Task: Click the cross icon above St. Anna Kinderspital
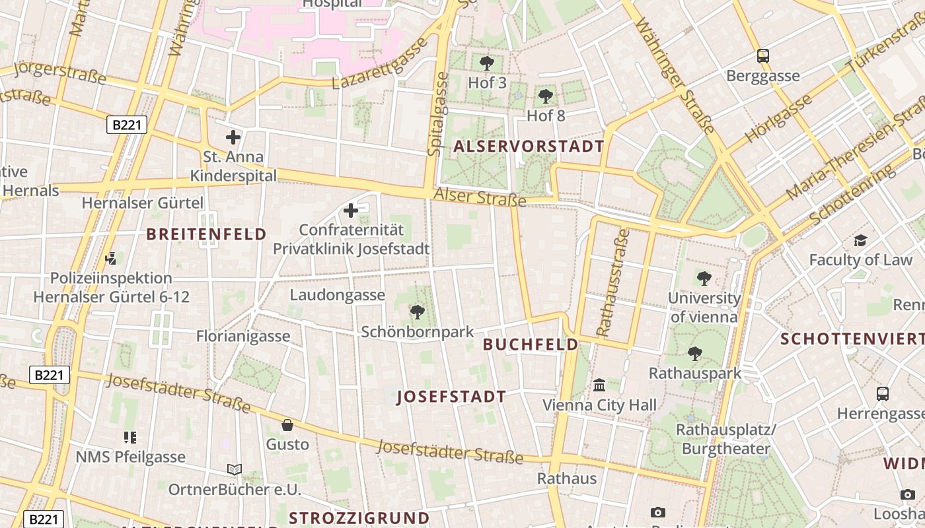[x=233, y=137]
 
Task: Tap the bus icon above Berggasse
[x=763, y=56]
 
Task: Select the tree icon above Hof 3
[x=487, y=63]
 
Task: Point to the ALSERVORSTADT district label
[x=529, y=147]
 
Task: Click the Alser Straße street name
[x=480, y=197]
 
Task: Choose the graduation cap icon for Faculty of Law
[x=860, y=240]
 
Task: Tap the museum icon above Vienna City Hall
[x=599, y=385]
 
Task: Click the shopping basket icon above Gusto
[x=287, y=424]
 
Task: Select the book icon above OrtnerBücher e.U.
[x=234, y=469]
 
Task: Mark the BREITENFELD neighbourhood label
[x=206, y=234]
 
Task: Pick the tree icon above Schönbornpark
[x=417, y=312]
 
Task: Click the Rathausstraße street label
[x=612, y=282]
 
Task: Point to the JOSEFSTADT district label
[x=451, y=397]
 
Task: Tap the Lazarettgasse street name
[x=380, y=64]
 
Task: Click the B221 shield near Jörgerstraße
[x=126, y=125]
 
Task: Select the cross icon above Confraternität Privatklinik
[x=351, y=211]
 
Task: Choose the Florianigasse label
[x=243, y=336]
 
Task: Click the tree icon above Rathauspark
[x=694, y=354]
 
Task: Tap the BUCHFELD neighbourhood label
[x=531, y=345]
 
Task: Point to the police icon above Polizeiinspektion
[x=111, y=258]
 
